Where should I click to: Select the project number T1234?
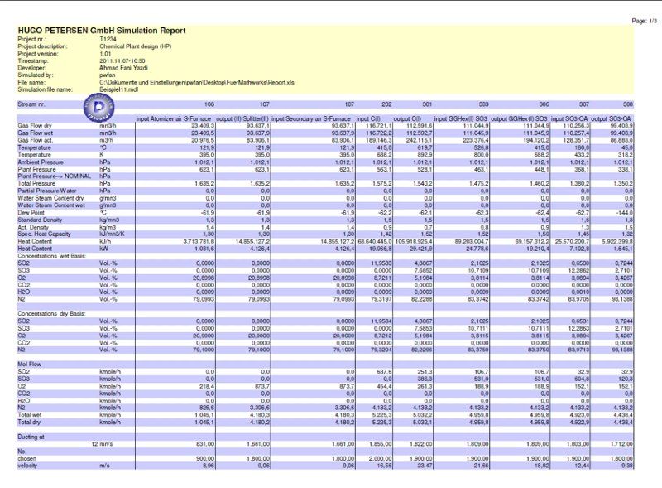pos(108,39)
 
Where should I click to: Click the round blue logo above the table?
pos(102,109)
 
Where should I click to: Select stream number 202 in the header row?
pos(386,105)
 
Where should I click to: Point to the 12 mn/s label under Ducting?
pos(104,442)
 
